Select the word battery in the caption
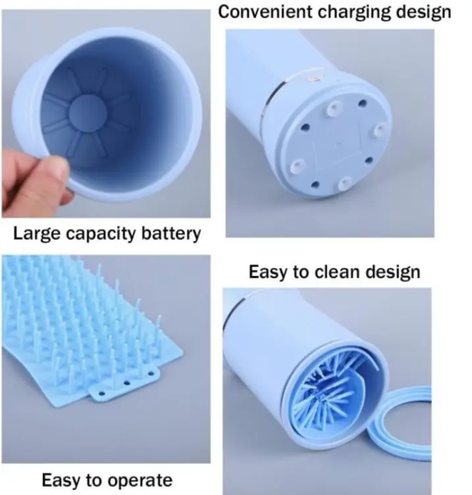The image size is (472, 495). click(170, 235)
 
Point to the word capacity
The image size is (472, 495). click(102, 235)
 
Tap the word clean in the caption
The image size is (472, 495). click(338, 272)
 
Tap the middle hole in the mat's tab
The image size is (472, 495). click(127, 383)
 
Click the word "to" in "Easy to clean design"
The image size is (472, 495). click(302, 272)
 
